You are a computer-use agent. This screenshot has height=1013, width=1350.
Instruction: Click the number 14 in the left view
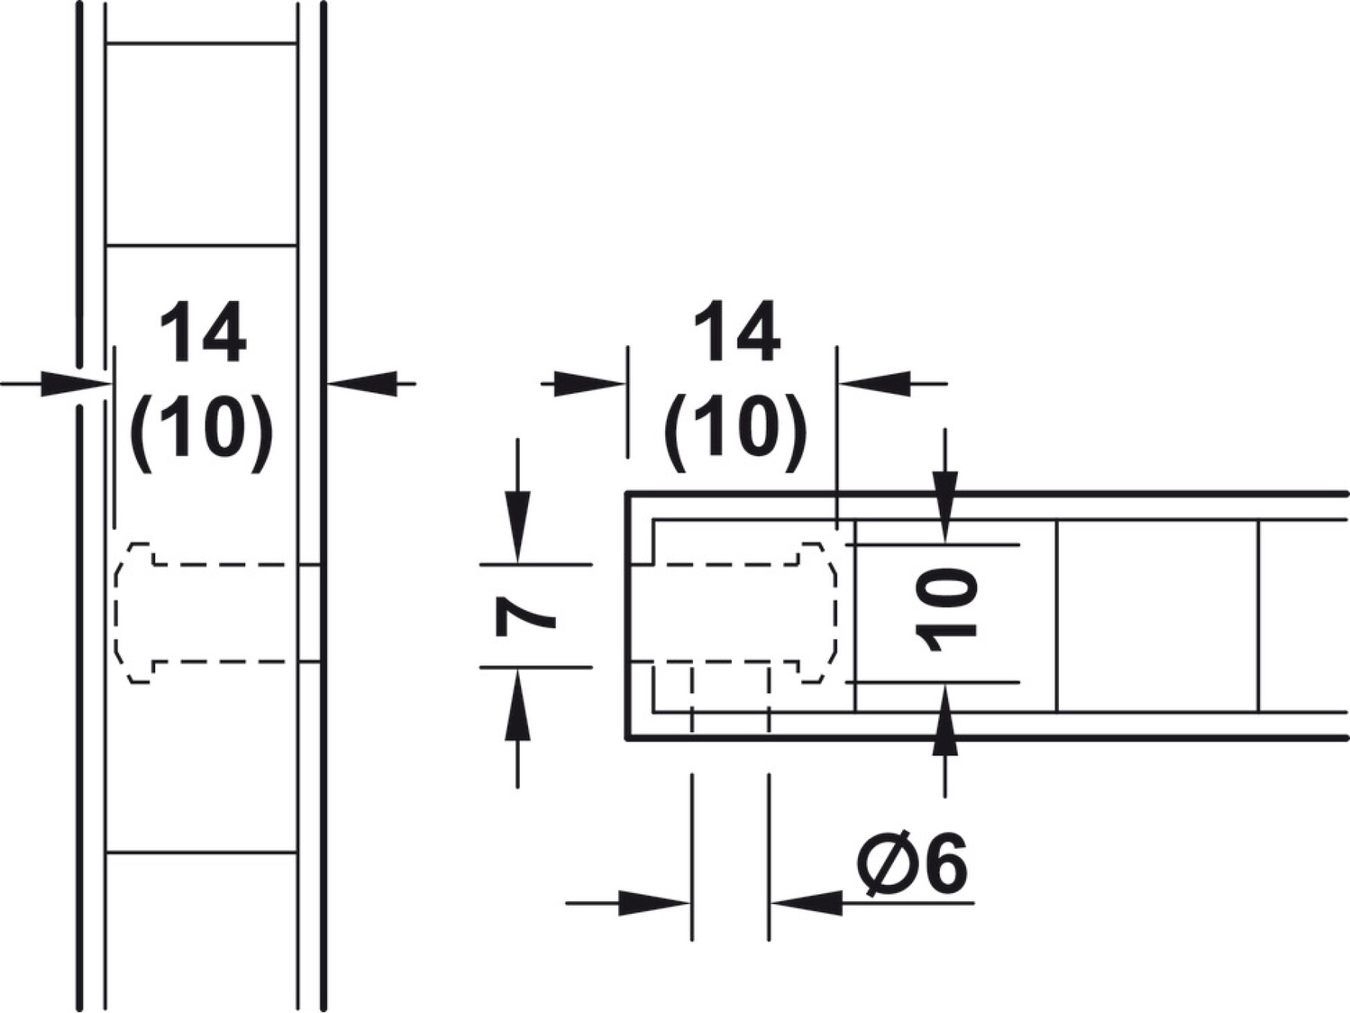pyautogui.click(x=203, y=332)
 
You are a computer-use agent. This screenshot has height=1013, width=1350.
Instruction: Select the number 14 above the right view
pyautogui.click(x=737, y=332)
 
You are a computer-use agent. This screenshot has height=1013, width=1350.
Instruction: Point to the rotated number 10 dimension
pyautogui.click(x=946, y=609)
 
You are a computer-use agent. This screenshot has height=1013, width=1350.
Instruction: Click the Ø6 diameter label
pyautogui.click(x=912, y=864)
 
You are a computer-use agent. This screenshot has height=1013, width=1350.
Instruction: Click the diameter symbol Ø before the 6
pyautogui.click(x=885, y=864)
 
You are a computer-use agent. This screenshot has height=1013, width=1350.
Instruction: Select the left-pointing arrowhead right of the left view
pyautogui.click(x=361, y=383)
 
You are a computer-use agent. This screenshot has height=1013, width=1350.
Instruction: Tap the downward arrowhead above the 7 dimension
pyautogui.click(x=517, y=526)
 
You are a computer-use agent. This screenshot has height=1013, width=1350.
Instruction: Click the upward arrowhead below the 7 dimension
pyautogui.click(x=517, y=705)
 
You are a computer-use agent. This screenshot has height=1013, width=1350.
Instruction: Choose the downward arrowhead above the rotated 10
pyautogui.click(x=945, y=506)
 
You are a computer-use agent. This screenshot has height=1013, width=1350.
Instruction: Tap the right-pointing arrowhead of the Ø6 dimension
pyautogui.click(x=654, y=903)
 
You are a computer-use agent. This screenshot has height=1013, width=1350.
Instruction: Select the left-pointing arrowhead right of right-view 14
pyautogui.click(x=874, y=383)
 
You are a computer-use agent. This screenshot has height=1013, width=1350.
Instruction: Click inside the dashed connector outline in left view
pyautogui.click(x=217, y=613)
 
